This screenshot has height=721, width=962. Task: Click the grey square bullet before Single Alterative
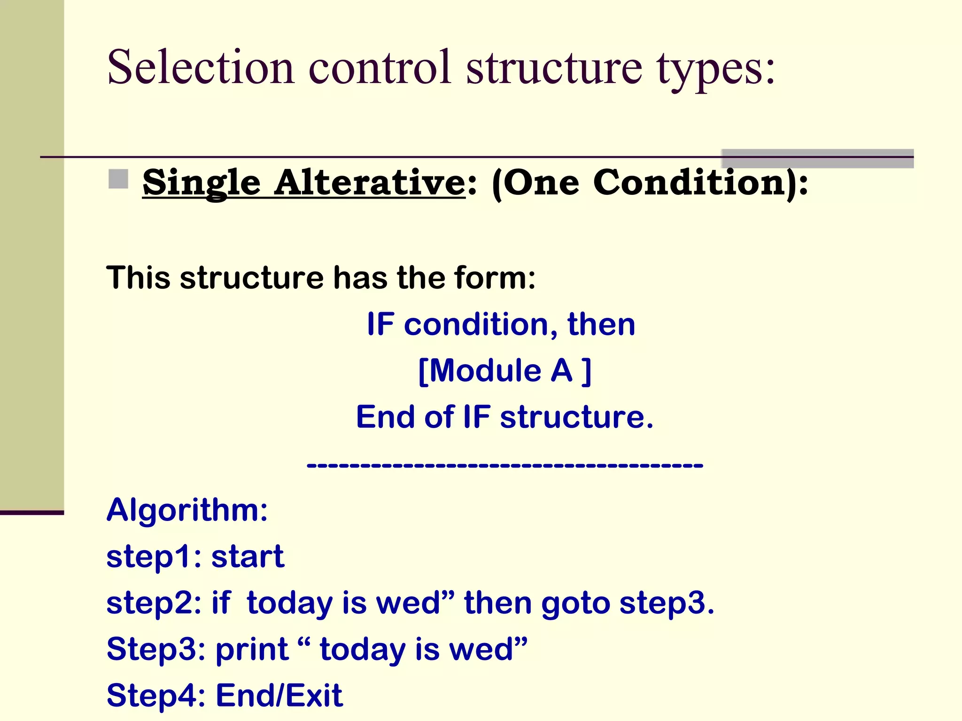click(x=118, y=179)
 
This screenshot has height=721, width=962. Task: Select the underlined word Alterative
click(x=370, y=183)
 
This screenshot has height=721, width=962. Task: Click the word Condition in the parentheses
click(x=689, y=183)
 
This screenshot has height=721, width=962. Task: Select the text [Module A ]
click(x=504, y=371)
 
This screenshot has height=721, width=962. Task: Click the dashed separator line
click(x=504, y=465)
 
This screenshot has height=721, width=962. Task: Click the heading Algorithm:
click(x=187, y=510)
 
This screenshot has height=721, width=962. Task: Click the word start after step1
click(x=248, y=557)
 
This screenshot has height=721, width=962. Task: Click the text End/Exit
click(x=279, y=695)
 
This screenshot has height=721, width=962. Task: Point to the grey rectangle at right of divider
click(x=817, y=158)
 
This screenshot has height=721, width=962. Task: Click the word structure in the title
click(x=554, y=68)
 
